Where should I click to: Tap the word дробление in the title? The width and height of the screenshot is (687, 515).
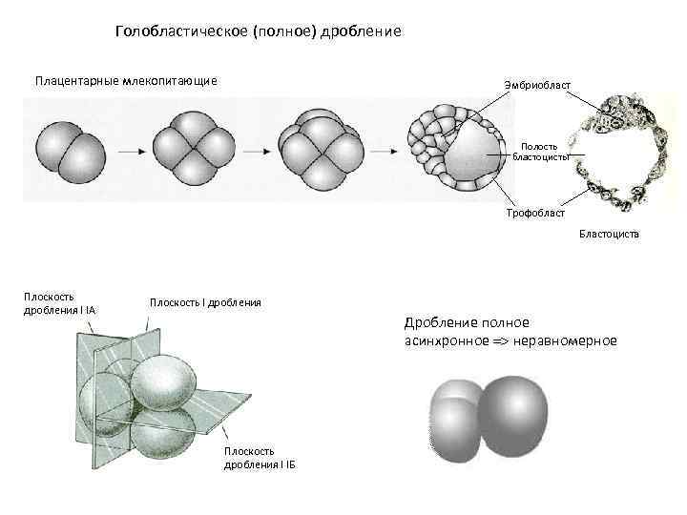tap(362, 32)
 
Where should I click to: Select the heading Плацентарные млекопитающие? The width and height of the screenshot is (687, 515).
tap(126, 80)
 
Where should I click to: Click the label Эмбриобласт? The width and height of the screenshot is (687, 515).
tap(538, 87)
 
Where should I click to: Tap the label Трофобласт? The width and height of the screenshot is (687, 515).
tap(535, 213)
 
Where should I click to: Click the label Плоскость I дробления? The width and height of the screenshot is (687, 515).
tap(205, 302)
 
